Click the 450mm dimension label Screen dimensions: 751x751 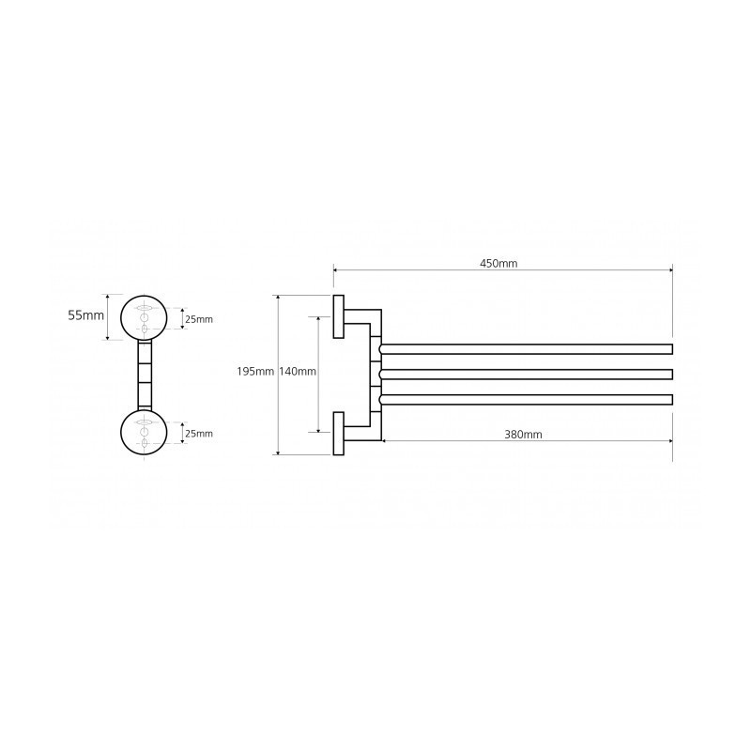click(498, 263)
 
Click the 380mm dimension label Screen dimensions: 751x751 click(523, 435)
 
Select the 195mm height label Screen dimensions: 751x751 click(255, 371)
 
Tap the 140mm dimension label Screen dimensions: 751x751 click(297, 371)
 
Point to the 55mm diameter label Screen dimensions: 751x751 click(85, 315)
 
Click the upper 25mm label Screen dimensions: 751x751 click(199, 319)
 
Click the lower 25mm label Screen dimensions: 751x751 click(199, 434)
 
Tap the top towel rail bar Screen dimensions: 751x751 click(526, 349)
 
